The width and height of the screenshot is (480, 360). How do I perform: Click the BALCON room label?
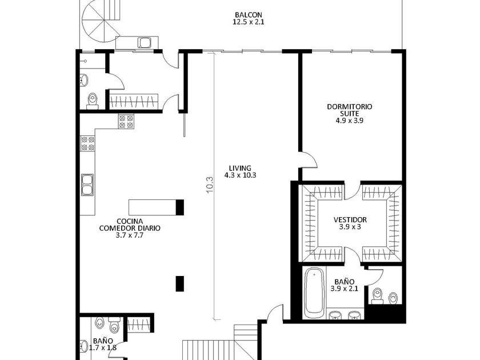[x=248, y=15]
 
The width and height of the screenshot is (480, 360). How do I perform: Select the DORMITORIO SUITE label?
[x=350, y=110]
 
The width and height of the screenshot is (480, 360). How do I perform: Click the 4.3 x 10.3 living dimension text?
[x=241, y=175]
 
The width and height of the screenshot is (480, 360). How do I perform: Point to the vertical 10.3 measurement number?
[x=210, y=185]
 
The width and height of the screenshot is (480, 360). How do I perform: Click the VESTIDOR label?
[x=350, y=220]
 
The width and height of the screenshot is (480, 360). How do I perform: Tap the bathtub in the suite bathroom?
[x=314, y=293]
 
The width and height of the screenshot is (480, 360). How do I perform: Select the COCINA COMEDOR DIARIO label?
[x=130, y=225]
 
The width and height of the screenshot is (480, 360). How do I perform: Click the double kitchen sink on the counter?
[x=87, y=185]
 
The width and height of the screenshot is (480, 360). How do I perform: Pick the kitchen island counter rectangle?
[x=153, y=207]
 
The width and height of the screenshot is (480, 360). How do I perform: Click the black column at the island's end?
[x=180, y=207]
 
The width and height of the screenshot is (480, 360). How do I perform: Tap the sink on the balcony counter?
[x=145, y=42]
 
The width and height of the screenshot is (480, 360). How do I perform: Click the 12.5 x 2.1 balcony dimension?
[x=248, y=22]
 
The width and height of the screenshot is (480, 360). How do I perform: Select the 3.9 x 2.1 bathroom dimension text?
[x=345, y=289]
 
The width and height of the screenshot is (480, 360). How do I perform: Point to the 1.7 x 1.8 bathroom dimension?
[x=103, y=348]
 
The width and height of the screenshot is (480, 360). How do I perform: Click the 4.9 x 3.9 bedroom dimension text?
[x=350, y=121]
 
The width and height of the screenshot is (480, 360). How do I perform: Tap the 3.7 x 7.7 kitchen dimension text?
[x=130, y=235]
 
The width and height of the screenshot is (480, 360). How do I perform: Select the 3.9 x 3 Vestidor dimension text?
[x=350, y=227]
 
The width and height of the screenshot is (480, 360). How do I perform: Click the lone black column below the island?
[x=180, y=283]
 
